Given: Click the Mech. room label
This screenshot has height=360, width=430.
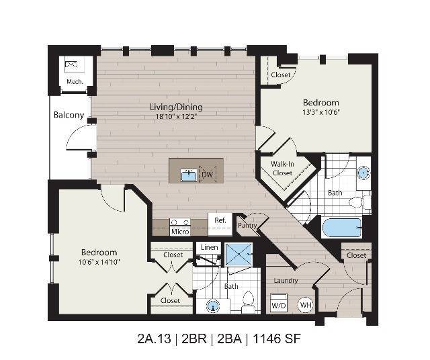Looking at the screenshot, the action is (x=75, y=81).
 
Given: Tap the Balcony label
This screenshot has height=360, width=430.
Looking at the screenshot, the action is (x=69, y=115).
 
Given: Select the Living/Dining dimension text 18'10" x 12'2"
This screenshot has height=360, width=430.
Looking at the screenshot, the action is (x=177, y=116).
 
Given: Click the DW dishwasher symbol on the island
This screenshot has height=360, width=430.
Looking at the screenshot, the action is (x=208, y=175).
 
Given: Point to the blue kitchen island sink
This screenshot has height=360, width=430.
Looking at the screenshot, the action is (x=189, y=175).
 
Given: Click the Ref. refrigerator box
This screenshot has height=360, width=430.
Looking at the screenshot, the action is (x=220, y=224).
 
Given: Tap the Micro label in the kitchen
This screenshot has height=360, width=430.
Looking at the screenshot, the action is (x=180, y=232).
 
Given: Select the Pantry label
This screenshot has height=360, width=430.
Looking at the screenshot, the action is (x=247, y=226).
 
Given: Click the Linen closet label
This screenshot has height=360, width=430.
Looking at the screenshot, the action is (x=209, y=247).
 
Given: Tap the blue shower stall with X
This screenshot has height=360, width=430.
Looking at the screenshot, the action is (x=239, y=254).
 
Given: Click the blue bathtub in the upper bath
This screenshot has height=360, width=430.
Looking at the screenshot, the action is (x=342, y=228).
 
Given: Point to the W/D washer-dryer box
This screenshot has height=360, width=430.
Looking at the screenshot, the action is (x=279, y=303).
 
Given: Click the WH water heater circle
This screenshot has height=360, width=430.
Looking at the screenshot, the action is (x=306, y=305).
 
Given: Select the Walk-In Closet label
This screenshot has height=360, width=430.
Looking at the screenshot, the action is (x=282, y=169).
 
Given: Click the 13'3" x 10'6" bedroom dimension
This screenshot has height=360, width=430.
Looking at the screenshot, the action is (x=321, y=112).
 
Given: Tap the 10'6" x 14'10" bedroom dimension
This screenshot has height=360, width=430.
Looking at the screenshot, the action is (x=99, y=262).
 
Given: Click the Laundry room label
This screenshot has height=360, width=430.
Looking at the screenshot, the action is (x=286, y=281).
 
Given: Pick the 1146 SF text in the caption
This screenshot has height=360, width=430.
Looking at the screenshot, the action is (x=276, y=339).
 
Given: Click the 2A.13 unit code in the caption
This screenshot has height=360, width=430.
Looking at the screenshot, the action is (x=154, y=339).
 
